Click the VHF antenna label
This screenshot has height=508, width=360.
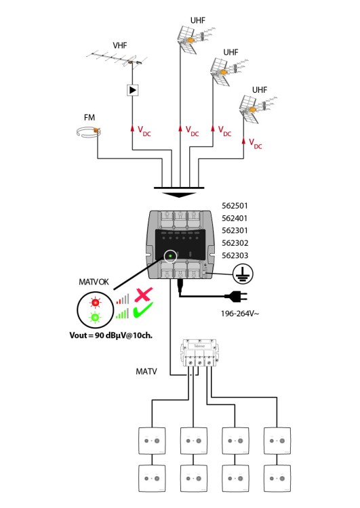(x=120, y=45)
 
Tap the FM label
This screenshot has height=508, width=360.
(x=89, y=117)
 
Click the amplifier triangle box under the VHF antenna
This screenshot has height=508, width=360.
(x=132, y=89)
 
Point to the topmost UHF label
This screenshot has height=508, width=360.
(x=198, y=20)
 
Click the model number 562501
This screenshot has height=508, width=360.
(x=235, y=206)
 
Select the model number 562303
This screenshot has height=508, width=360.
(x=235, y=255)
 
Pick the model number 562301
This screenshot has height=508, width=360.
(x=235, y=231)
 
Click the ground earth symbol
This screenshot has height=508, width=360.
(x=243, y=274)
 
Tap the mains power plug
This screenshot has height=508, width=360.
(x=236, y=296)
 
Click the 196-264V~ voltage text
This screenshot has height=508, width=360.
(x=240, y=314)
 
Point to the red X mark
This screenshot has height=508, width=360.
(x=144, y=295)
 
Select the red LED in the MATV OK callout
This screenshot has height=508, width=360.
(x=95, y=302)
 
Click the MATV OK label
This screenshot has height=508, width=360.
(x=94, y=282)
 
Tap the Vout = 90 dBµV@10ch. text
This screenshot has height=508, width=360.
(x=111, y=335)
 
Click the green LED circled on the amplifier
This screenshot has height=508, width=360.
(x=170, y=256)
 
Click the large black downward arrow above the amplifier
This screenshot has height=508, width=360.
(x=179, y=195)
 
